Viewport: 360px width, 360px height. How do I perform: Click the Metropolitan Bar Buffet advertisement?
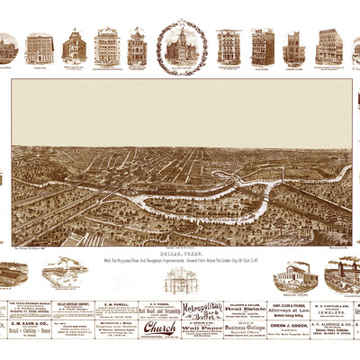[202, 311]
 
